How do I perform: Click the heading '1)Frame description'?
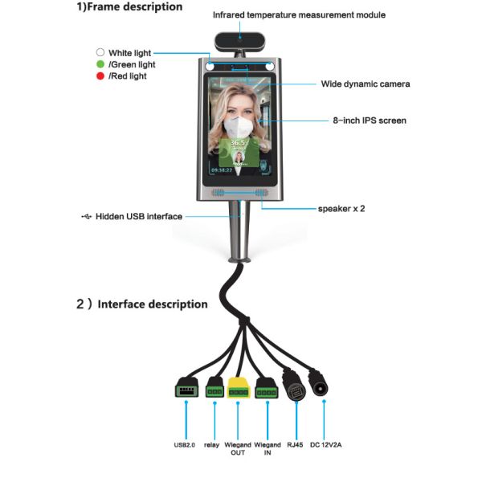pos(129,7)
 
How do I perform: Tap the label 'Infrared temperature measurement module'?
pos(299,14)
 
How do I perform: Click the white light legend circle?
pos(100,53)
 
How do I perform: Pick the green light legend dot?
pos(100,64)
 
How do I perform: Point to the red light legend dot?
pos(100,76)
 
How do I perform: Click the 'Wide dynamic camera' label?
pos(366,84)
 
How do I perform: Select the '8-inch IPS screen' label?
pos(370,120)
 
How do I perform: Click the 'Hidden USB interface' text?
pos(139,217)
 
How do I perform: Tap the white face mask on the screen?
pos(239,128)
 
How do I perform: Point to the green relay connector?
pos(214,389)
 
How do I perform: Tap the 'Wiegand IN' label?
pos(267,448)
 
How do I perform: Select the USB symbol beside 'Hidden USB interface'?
pos(87,217)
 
